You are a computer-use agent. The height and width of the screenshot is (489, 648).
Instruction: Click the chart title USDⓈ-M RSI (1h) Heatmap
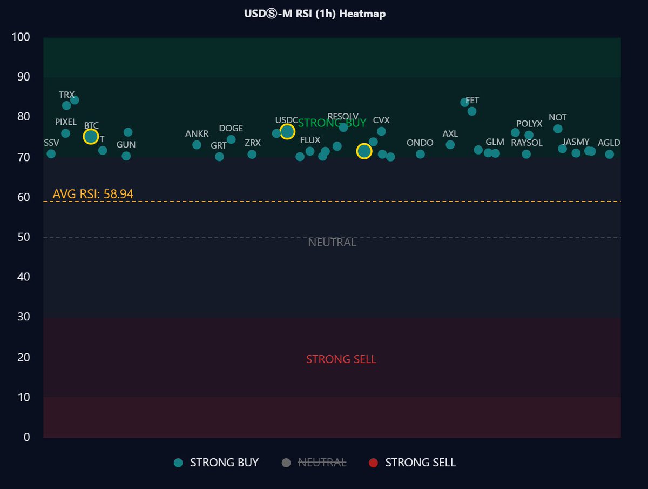tap(315, 14)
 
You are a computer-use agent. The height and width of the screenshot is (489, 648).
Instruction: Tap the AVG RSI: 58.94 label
tap(93, 194)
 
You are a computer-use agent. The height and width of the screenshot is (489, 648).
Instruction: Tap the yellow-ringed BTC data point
tap(91, 137)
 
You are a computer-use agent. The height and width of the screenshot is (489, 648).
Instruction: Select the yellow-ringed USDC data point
tap(287, 132)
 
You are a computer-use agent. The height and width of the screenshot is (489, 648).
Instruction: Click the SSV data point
tap(51, 154)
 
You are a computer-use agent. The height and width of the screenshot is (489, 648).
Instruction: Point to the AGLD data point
tap(609, 155)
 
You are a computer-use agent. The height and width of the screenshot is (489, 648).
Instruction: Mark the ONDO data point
tap(420, 155)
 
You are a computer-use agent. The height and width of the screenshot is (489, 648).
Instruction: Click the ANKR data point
tap(197, 145)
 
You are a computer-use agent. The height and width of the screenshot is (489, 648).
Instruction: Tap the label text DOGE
tap(231, 129)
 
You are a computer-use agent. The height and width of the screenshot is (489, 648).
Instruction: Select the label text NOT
tap(557, 118)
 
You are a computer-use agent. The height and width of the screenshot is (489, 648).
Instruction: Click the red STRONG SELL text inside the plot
tap(341, 359)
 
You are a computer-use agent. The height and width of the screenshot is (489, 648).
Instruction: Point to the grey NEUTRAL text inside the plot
tap(332, 243)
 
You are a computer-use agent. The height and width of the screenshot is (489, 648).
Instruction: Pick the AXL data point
tap(450, 145)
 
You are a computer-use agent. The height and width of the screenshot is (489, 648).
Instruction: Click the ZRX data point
tap(252, 155)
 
